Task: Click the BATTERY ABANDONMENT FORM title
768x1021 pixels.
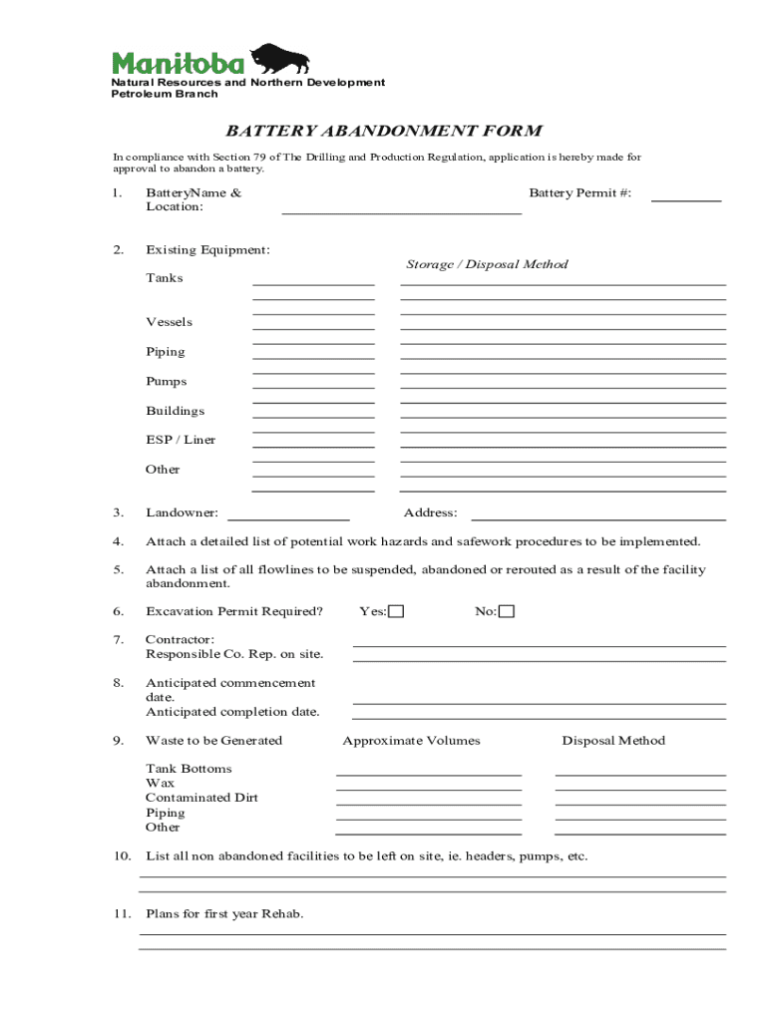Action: click(383, 131)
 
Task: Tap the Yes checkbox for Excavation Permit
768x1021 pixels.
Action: click(396, 611)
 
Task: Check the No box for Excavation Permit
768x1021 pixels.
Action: click(507, 611)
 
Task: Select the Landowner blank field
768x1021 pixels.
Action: click(288, 518)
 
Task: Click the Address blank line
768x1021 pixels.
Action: click(597, 518)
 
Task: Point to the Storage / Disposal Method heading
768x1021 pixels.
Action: click(487, 264)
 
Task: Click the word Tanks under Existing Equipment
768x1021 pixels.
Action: click(165, 278)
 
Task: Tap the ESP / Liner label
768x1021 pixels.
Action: click(181, 440)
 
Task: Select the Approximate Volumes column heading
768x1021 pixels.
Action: click(411, 741)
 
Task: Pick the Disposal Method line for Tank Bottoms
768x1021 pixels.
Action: click(639, 774)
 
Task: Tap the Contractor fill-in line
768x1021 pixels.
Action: click(539, 645)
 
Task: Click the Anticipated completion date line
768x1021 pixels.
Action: click(539, 717)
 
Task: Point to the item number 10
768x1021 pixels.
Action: click(122, 856)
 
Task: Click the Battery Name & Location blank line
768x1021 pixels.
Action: click(401, 212)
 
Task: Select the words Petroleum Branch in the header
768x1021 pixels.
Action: click(165, 94)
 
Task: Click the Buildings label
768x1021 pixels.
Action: click(176, 411)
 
